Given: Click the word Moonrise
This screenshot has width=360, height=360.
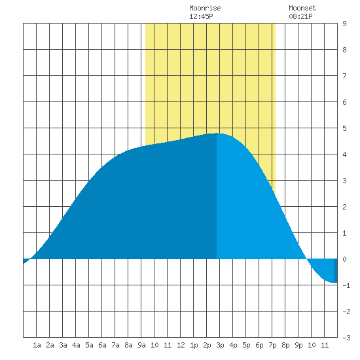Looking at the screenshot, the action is point(205,8).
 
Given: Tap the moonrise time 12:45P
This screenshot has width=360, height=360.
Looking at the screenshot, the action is point(201,16).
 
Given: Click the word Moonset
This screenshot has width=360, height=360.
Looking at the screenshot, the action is point(302,8).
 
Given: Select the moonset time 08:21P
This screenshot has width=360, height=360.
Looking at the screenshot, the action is point(300,16).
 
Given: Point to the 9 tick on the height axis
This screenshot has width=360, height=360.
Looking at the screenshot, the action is point(344,24).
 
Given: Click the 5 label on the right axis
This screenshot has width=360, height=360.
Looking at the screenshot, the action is point(344,128).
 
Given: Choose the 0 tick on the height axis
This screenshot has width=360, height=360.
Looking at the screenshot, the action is point(344,259).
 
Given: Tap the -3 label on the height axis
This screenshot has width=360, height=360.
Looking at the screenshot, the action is point(346,338).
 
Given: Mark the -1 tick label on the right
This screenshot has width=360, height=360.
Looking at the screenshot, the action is point(346,285).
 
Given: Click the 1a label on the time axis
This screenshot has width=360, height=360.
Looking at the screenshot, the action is point(37,345).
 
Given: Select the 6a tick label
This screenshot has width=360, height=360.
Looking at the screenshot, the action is point(102,345).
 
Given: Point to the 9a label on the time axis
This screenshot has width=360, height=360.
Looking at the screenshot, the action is point(141,345).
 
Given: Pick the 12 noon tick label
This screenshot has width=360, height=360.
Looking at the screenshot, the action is point(181,345).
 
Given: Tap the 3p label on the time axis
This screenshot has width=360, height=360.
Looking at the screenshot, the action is point(220,345).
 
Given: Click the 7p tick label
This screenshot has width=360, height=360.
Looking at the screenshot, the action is point(272,345).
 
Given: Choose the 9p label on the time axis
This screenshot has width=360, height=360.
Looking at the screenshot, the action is point(298,345).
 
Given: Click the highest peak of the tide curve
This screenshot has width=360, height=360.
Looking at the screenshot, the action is point(217,133).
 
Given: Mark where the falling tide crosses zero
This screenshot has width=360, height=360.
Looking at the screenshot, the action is point(307,259).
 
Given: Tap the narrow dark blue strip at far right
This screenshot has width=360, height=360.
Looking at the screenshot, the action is point(335,270).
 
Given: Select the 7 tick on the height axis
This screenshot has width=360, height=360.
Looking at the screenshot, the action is point(344,76).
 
